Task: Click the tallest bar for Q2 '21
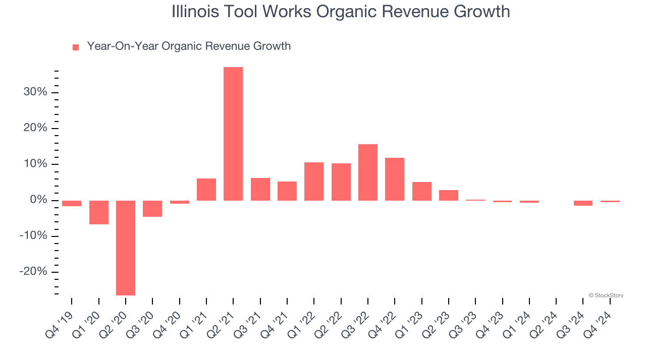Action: [x=233, y=134]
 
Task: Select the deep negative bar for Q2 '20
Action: [x=126, y=248]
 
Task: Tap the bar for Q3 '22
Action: [x=368, y=172]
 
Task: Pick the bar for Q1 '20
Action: [x=99, y=212]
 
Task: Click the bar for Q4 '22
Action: [x=395, y=179]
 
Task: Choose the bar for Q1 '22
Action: [x=314, y=181]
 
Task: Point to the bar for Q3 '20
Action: [x=152, y=209]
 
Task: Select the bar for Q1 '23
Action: [x=421, y=191]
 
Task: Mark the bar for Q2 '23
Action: [x=449, y=195]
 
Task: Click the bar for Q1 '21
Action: [x=206, y=190]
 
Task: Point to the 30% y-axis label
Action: [x=35, y=92]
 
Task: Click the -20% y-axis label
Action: [x=33, y=272]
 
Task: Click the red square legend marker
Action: [x=76, y=47]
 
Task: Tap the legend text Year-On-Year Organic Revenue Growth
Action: [x=189, y=46]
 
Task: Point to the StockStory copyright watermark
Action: [x=606, y=295]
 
